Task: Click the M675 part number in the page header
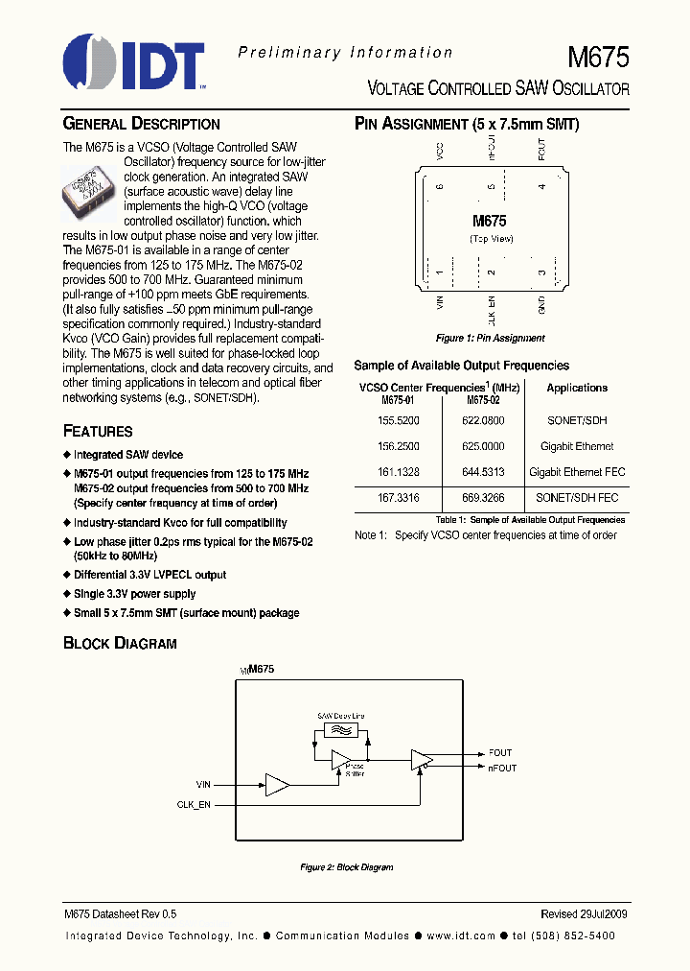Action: click(x=599, y=58)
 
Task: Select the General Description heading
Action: click(x=141, y=124)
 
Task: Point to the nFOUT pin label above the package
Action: click(x=491, y=149)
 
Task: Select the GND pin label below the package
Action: click(x=541, y=305)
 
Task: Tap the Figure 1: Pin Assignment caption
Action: click(x=490, y=338)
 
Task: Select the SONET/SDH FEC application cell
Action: click(x=577, y=498)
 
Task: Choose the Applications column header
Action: click(x=577, y=388)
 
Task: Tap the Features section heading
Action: click(x=98, y=432)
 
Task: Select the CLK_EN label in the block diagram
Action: click(x=194, y=804)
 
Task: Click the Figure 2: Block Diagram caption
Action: click(x=346, y=867)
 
